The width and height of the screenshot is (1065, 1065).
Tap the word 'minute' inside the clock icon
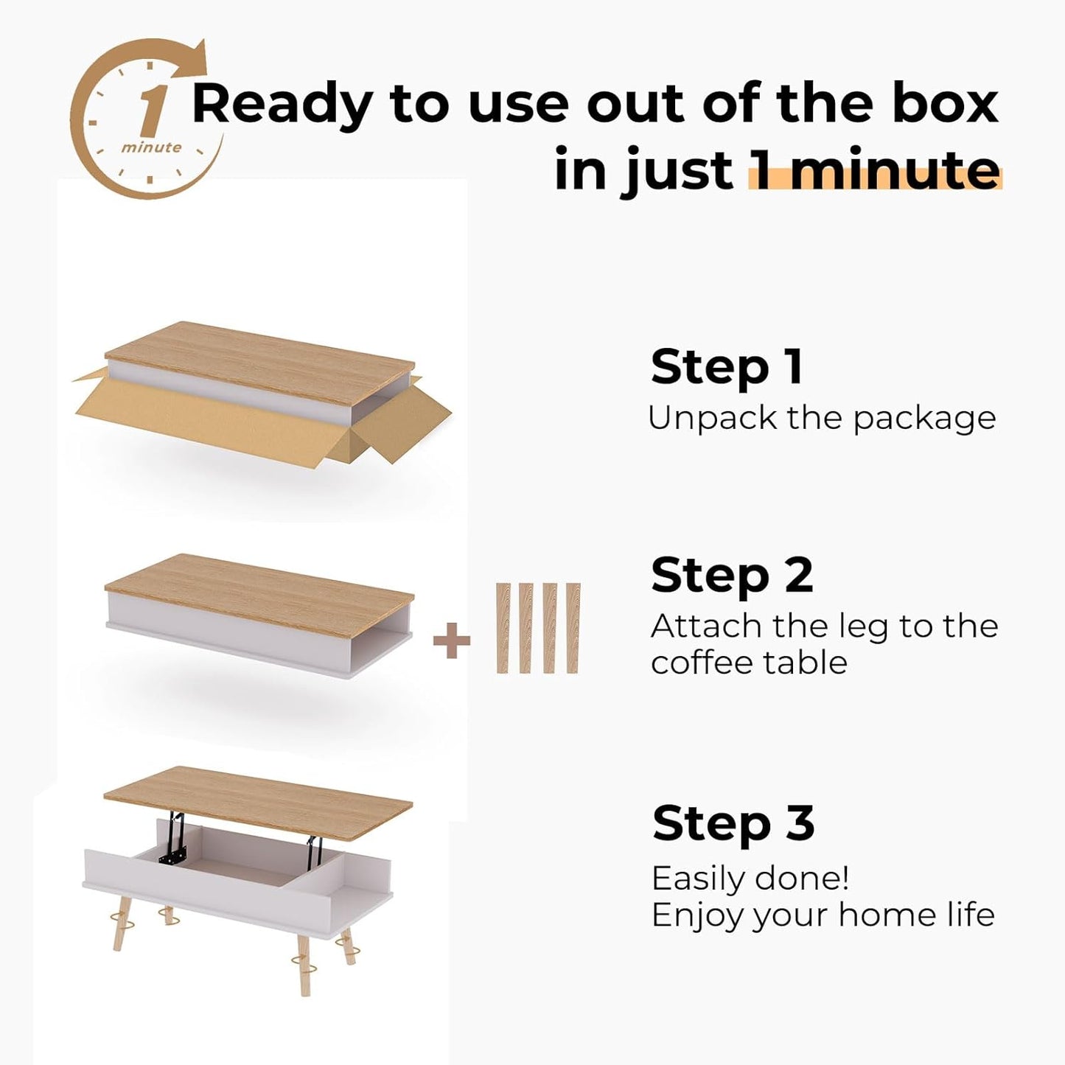pyautogui.click(x=151, y=147)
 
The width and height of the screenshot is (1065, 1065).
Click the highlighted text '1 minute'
pyautogui.click(x=875, y=170)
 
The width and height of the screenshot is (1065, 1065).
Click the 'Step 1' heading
pyautogui.click(x=727, y=366)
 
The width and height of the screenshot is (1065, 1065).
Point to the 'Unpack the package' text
pyautogui.click(x=822, y=418)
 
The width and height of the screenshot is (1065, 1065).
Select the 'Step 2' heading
pyautogui.click(x=732, y=575)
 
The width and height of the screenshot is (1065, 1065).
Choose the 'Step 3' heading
pyautogui.click(x=733, y=823)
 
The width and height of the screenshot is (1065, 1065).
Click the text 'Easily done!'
pyautogui.click(x=750, y=878)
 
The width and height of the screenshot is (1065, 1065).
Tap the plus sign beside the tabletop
pyautogui.click(x=452, y=640)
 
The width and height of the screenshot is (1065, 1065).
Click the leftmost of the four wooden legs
pyautogui.click(x=503, y=628)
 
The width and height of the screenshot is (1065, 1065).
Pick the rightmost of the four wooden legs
pyautogui.click(x=573, y=628)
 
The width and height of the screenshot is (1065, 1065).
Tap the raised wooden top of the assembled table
pyautogui.click(x=258, y=800)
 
